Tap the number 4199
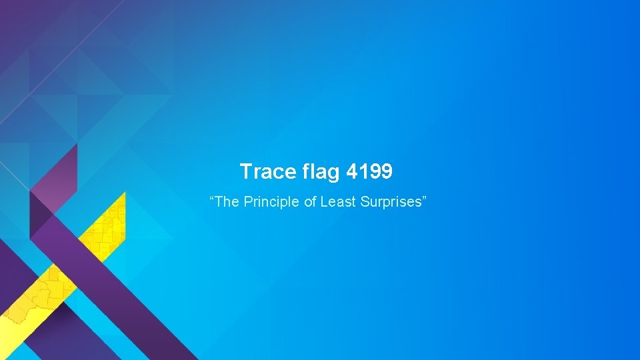[370, 172]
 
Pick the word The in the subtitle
[227, 202]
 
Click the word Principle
[271, 202]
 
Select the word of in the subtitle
[310, 202]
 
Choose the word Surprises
[389, 202]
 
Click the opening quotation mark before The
[213, 199]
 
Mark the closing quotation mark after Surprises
[421, 199]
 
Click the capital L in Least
[324, 202]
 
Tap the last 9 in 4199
[387, 173]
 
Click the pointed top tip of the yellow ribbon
[124, 193]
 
